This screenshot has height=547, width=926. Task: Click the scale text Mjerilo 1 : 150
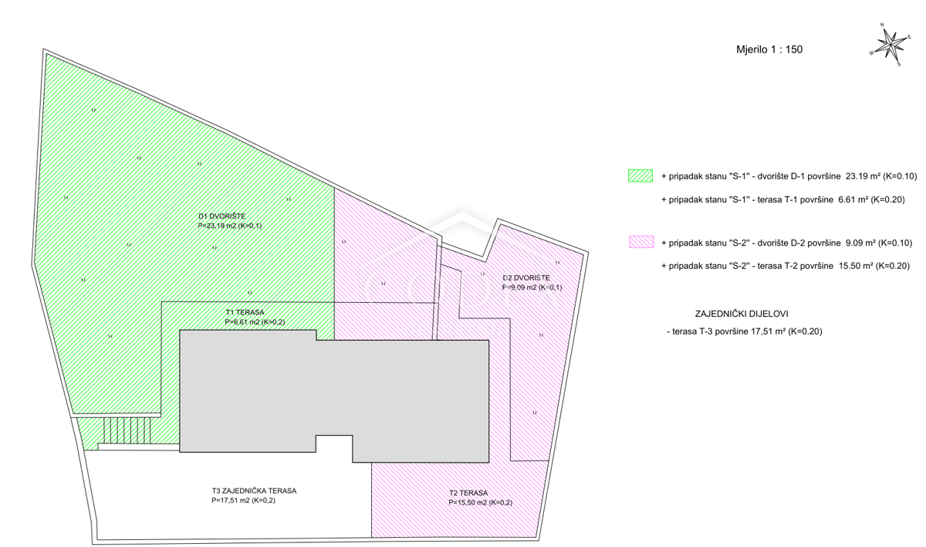tap(769, 49)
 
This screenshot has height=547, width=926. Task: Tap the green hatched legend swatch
tap(640, 176)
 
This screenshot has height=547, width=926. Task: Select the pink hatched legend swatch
tap(641, 242)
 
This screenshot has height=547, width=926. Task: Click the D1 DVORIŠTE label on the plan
tap(222, 216)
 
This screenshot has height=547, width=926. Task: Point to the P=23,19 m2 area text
tap(230, 226)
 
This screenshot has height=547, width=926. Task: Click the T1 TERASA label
tap(245, 312)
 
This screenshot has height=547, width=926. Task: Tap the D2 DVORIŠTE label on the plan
tap(526, 277)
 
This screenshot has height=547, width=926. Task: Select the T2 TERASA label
tap(468, 493)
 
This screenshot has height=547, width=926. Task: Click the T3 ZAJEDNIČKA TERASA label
tap(254, 491)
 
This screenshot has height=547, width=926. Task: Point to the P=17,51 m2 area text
tap(244, 501)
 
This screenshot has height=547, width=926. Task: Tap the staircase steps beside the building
tap(127, 430)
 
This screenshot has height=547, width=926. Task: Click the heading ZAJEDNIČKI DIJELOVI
tap(742, 314)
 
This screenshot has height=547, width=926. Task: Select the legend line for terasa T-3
tap(744, 331)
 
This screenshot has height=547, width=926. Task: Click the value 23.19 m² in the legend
tap(863, 176)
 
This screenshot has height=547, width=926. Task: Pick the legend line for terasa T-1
tap(783, 200)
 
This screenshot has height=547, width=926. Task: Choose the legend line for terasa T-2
tap(786, 266)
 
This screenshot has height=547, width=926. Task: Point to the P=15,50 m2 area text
tap(480, 503)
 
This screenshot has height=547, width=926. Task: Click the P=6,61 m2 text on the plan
tap(255, 322)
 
